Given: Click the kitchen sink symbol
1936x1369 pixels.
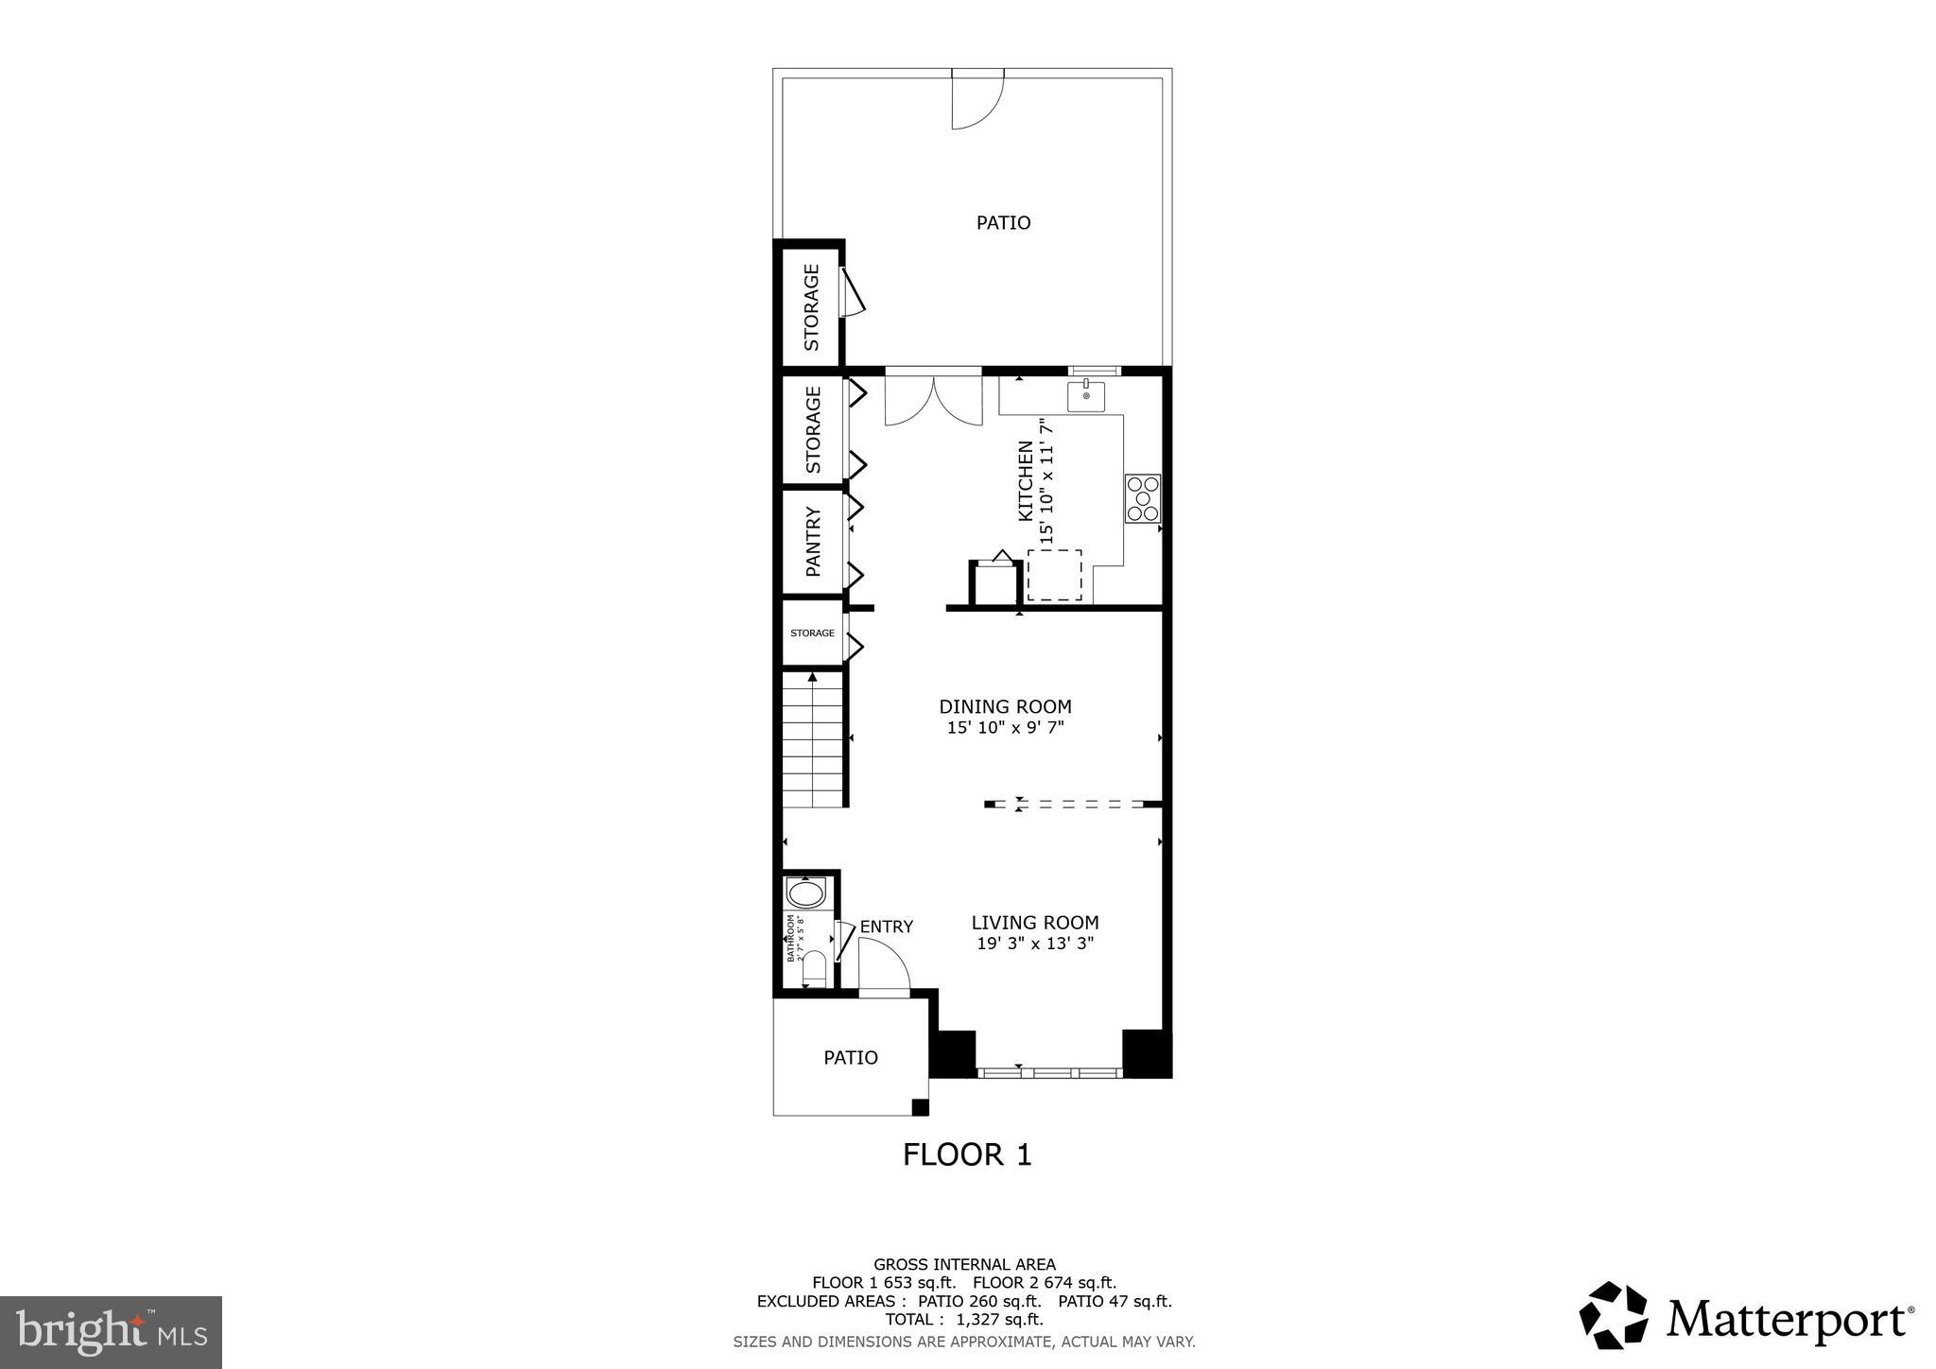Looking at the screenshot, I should tap(1086, 396).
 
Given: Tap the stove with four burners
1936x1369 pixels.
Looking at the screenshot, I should tap(1142, 498).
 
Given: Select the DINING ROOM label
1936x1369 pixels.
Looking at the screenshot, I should tap(1005, 706).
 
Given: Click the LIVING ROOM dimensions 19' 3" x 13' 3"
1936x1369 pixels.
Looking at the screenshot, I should tap(1035, 944).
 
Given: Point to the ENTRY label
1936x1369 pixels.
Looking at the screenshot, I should tap(886, 927).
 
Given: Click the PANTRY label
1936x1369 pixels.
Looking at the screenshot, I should tap(812, 542).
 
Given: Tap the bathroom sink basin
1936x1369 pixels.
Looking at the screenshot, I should tap(805, 893).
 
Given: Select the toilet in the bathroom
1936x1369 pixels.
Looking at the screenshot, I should tap(813, 970).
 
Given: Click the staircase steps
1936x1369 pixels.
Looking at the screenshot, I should tap(812, 742).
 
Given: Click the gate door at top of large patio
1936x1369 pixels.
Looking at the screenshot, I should tap(976, 99).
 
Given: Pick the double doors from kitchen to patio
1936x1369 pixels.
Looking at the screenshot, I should tap(933, 402).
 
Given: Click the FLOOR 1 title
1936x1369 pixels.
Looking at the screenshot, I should tap(967, 1154).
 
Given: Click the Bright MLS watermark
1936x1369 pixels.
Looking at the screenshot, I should tap(111, 1333).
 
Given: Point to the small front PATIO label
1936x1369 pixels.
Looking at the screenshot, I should tap(851, 1058).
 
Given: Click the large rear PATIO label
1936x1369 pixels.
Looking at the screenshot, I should tap(1003, 223).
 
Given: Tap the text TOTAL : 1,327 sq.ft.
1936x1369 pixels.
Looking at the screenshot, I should tap(964, 1319).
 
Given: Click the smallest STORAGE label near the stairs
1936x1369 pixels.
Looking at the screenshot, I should tap(812, 633).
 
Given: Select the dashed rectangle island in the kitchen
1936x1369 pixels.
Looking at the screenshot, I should tap(1054, 575).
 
